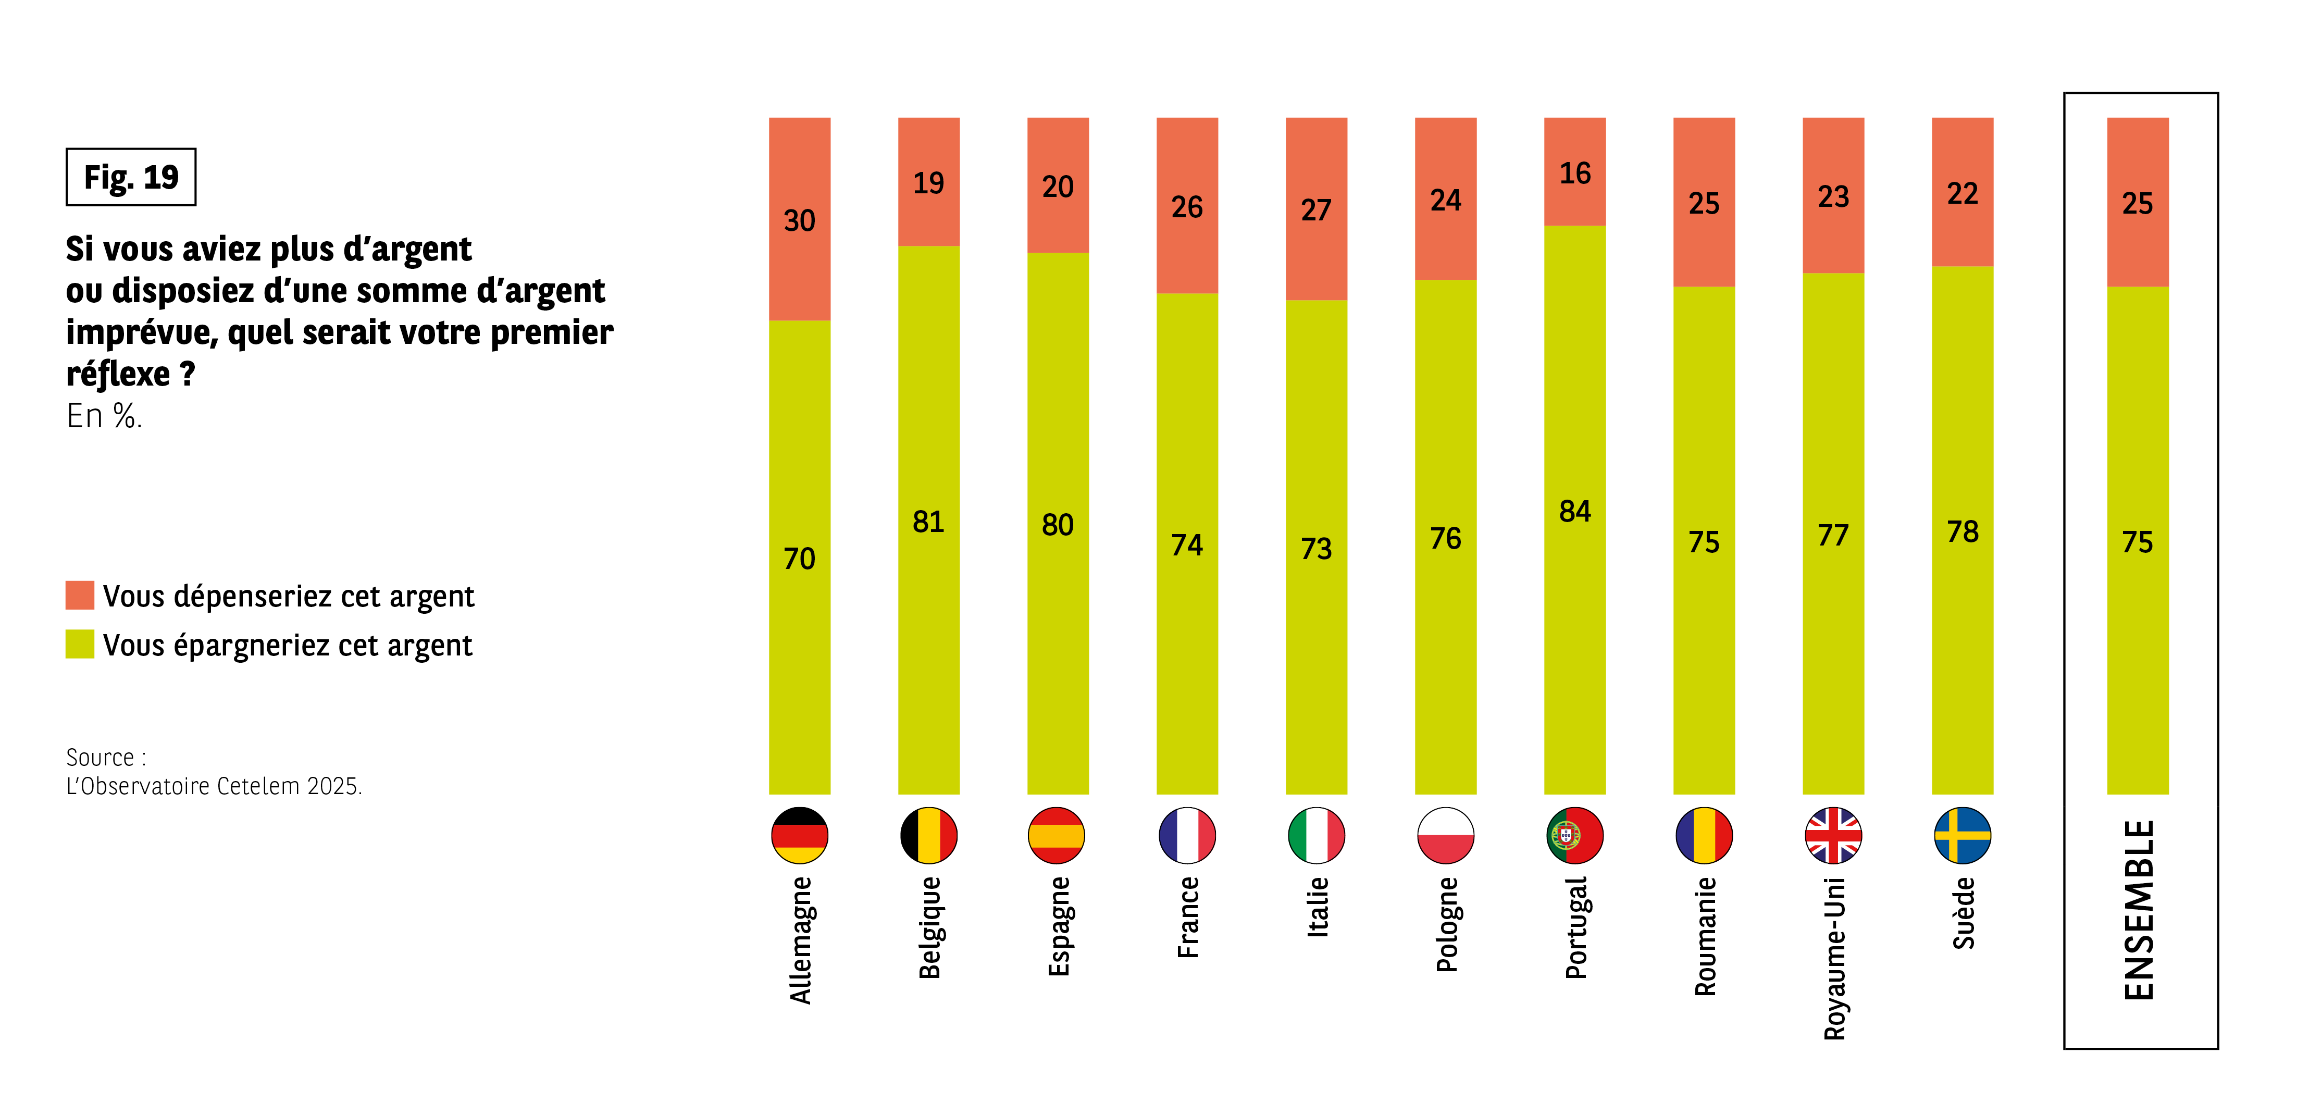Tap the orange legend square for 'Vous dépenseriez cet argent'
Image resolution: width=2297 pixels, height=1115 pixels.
coord(79,595)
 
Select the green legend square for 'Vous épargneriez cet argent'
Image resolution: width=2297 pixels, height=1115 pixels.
coord(79,644)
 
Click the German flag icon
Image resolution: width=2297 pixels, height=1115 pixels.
coord(799,835)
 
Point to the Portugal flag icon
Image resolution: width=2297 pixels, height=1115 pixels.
coord(1575,835)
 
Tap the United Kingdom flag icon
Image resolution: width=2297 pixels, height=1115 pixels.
coord(1833,835)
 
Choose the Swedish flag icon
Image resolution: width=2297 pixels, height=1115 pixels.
coord(1963,835)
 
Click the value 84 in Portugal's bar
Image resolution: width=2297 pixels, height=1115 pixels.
coord(1575,511)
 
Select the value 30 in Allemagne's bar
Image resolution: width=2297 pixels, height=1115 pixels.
coord(799,220)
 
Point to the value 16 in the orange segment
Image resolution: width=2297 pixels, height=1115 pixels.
coord(1575,173)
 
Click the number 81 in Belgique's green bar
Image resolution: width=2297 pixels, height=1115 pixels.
coord(928,522)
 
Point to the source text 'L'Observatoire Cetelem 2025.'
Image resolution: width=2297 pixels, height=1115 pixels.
coord(214,786)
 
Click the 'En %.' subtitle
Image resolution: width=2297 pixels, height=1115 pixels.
coord(104,416)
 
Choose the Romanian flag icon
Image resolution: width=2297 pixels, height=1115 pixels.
coord(1704,835)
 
